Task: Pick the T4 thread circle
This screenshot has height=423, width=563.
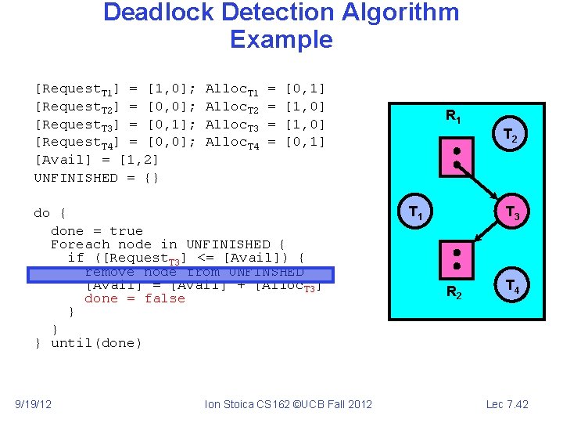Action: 513,285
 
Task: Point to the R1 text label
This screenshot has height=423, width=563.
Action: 454,117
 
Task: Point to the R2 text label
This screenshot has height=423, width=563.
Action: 454,294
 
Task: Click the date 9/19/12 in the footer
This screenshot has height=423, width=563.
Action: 34,404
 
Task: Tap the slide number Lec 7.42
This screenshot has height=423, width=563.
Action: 507,404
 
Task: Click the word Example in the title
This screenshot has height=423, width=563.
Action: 281,39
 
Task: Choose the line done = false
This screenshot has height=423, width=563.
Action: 134,298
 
